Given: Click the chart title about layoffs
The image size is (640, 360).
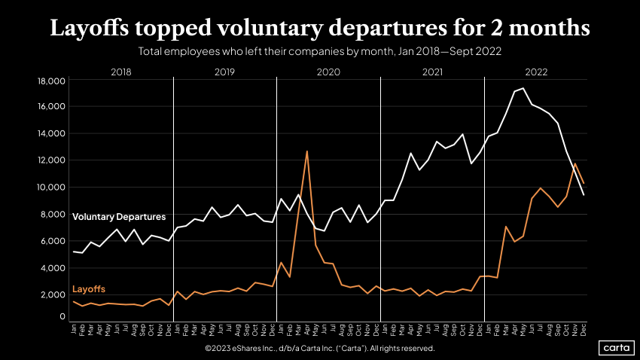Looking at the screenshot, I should pyautogui.click(x=319, y=29).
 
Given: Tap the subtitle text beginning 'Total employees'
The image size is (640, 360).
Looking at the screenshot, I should pyautogui.click(x=319, y=52).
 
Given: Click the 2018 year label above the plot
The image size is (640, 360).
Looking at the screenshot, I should pyautogui.click(x=121, y=72).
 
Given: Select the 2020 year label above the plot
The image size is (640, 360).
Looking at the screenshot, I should pyautogui.click(x=328, y=72).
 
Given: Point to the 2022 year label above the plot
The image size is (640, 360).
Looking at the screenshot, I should pyautogui.click(x=536, y=72).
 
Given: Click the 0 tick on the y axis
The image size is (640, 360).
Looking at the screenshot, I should pyautogui.click(x=61, y=317).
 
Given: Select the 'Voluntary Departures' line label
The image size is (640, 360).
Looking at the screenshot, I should pyautogui.click(x=119, y=217).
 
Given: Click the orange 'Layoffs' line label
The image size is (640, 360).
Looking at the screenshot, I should pyautogui.click(x=88, y=289).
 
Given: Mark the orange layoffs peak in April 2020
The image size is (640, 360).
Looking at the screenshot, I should pyautogui.click(x=306, y=151).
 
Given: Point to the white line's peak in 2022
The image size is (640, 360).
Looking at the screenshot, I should pyautogui.click(x=523, y=88).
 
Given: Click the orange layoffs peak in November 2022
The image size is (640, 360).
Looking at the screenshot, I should pyautogui.click(x=575, y=163).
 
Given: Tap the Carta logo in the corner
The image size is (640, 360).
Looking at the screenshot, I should pyautogui.click(x=617, y=348).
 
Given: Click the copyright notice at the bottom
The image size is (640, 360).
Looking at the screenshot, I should pyautogui.click(x=319, y=349).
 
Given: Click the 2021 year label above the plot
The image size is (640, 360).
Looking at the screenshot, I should pyautogui.click(x=432, y=72).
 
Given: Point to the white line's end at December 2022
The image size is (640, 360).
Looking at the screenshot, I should pyautogui.click(x=584, y=195).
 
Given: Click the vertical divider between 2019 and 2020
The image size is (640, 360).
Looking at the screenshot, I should pyautogui.click(x=277, y=196).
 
